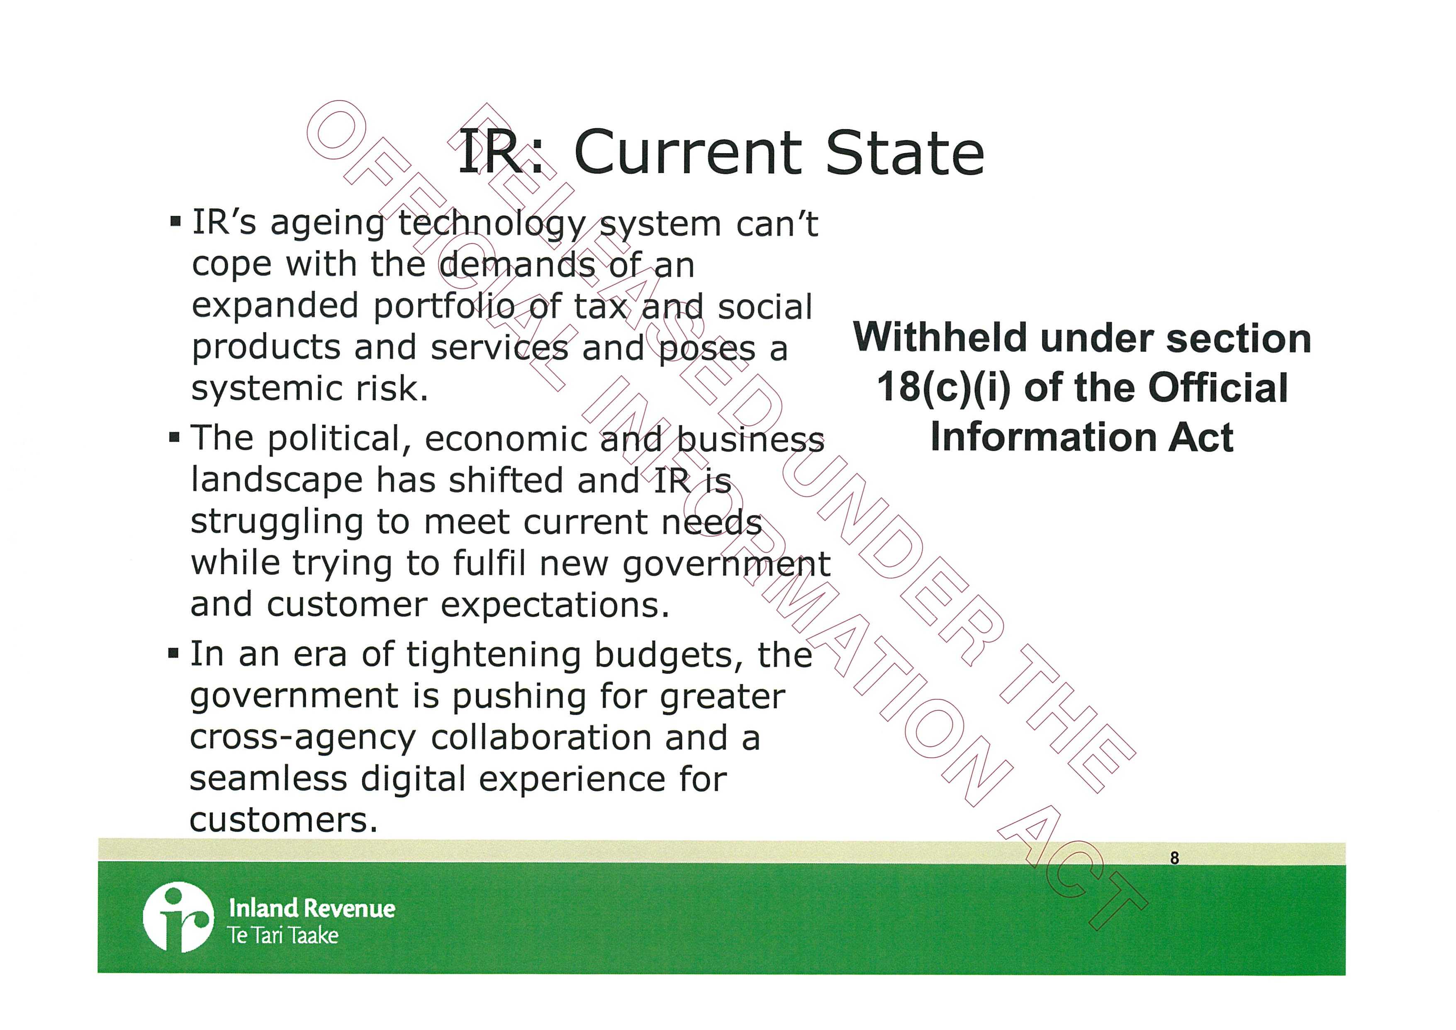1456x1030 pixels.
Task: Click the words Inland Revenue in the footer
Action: point(312,908)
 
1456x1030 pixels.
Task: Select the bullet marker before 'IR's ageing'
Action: point(175,224)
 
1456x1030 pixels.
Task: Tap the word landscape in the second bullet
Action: point(277,481)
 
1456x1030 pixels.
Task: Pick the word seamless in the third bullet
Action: point(269,779)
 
